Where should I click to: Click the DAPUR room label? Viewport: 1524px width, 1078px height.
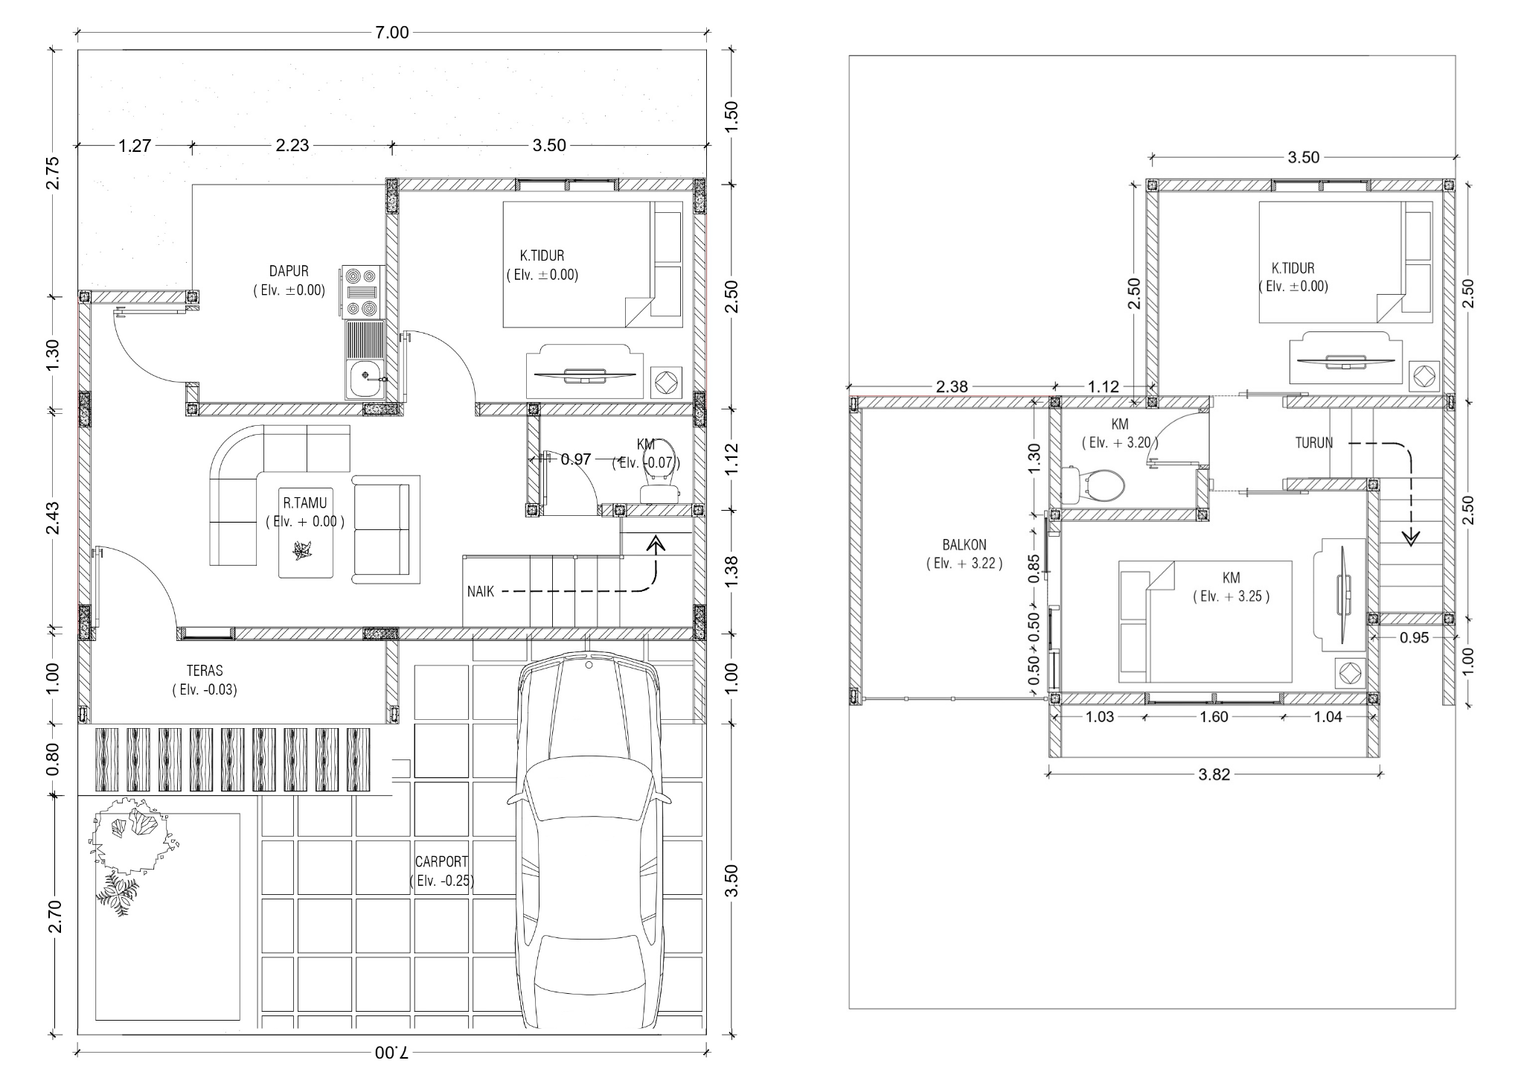[289, 271]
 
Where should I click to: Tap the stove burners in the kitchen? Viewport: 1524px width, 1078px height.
[362, 292]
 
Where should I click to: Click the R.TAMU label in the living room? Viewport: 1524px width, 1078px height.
[305, 503]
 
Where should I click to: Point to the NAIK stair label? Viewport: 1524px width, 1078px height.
[481, 592]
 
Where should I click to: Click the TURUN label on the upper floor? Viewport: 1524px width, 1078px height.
[1314, 443]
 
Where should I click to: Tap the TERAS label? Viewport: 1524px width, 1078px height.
[205, 671]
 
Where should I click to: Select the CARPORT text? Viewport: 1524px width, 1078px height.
[441, 861]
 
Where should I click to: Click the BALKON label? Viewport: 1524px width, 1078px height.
[964, 545]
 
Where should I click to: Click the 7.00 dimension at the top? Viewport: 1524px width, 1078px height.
[392, 32]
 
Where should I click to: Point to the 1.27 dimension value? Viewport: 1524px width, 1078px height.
[135, 146]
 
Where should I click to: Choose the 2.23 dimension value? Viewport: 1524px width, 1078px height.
[292, 145]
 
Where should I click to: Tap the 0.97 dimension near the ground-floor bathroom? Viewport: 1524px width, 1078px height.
[576, 459]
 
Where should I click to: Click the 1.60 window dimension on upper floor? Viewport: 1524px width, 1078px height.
[1214, 717]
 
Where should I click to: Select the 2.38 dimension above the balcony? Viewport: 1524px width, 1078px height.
[952, 387]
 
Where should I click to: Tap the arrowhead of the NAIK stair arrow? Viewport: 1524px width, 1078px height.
[656, 543]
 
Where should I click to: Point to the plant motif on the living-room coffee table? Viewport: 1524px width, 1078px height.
[303, 550]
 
